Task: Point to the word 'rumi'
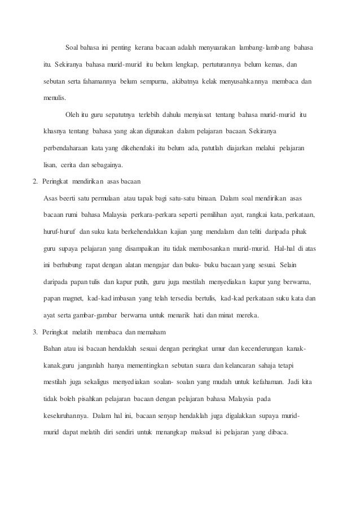point(72,215)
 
